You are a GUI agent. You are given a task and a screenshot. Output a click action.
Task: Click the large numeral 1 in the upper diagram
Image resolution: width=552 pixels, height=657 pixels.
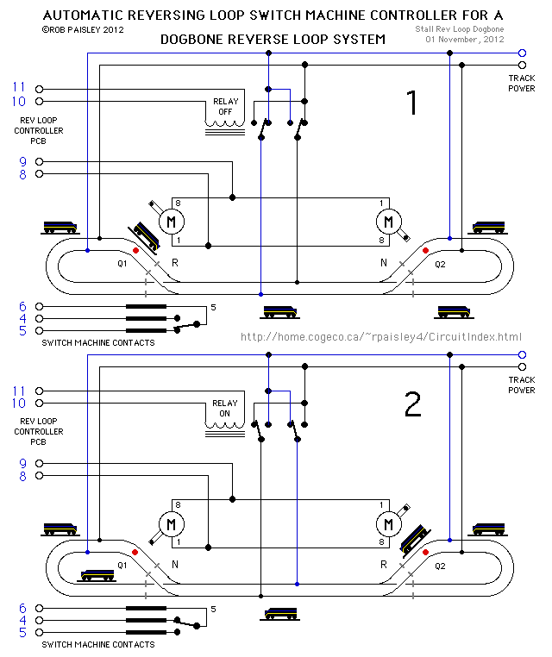pyautogui.click(x=411, y=103)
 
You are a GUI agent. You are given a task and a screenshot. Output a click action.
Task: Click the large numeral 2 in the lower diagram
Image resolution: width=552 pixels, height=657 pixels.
pyautogui.click(x=413, y=404)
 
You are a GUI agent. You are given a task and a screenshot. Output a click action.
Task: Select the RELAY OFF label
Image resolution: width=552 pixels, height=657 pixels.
pyautogui.click(x=226, y=107)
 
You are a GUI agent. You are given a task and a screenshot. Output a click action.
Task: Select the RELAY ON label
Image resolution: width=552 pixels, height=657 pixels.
pyautogui.click(x=225, y=408)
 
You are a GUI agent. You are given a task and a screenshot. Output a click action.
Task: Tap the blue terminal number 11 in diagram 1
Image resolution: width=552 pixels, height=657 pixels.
pyautogui.click(x=19, y=88)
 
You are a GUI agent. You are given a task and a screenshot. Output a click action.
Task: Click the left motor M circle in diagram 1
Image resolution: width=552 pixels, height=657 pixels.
pyautogui.click(x=172, y=222)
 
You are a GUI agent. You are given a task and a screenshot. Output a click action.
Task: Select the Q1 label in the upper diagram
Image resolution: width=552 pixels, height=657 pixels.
pyautogui.click(x=122, y=264)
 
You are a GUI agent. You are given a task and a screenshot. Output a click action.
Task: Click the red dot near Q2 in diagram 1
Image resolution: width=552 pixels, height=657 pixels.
pyautogui.click(x=425, y=251)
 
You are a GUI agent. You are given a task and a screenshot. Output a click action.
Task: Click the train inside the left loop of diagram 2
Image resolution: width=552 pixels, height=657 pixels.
pyautogui.click(x=97, y=575)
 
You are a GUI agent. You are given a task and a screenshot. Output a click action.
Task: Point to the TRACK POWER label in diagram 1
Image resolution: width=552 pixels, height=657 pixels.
pyautogui.click(x=521, y=83)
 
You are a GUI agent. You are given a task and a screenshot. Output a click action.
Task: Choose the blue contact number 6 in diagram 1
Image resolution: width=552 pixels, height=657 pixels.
pyautogui.click(x=23, y=306)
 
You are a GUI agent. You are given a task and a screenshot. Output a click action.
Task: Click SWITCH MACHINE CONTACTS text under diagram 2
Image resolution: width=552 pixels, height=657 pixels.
pyautogui.click(x=98, y=644)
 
